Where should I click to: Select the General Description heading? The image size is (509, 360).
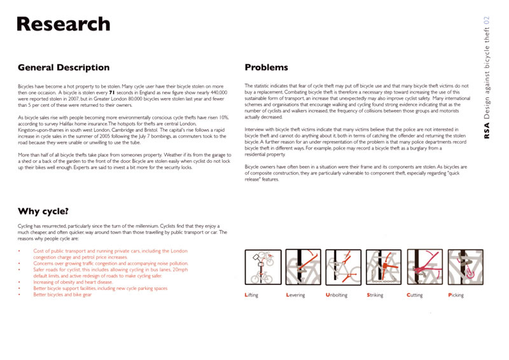point(64,67)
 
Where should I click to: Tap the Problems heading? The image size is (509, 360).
point(266,67)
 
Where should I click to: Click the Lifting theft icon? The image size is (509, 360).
point(262,267)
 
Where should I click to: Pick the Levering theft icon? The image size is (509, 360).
point(303,267)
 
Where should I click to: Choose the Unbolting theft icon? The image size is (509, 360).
point(343,267)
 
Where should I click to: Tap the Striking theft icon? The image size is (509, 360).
point(384,267)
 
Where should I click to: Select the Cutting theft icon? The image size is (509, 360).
point(424,267)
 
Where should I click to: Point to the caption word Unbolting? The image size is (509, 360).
point(337,295)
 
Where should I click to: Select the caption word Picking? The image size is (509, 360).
point(456,295)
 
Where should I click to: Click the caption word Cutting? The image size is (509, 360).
point(414,295)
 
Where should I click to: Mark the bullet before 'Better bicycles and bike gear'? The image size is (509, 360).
point(19,294)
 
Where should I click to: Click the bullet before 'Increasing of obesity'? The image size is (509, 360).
point(19,282)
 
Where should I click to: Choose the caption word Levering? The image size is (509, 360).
point(295,295)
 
